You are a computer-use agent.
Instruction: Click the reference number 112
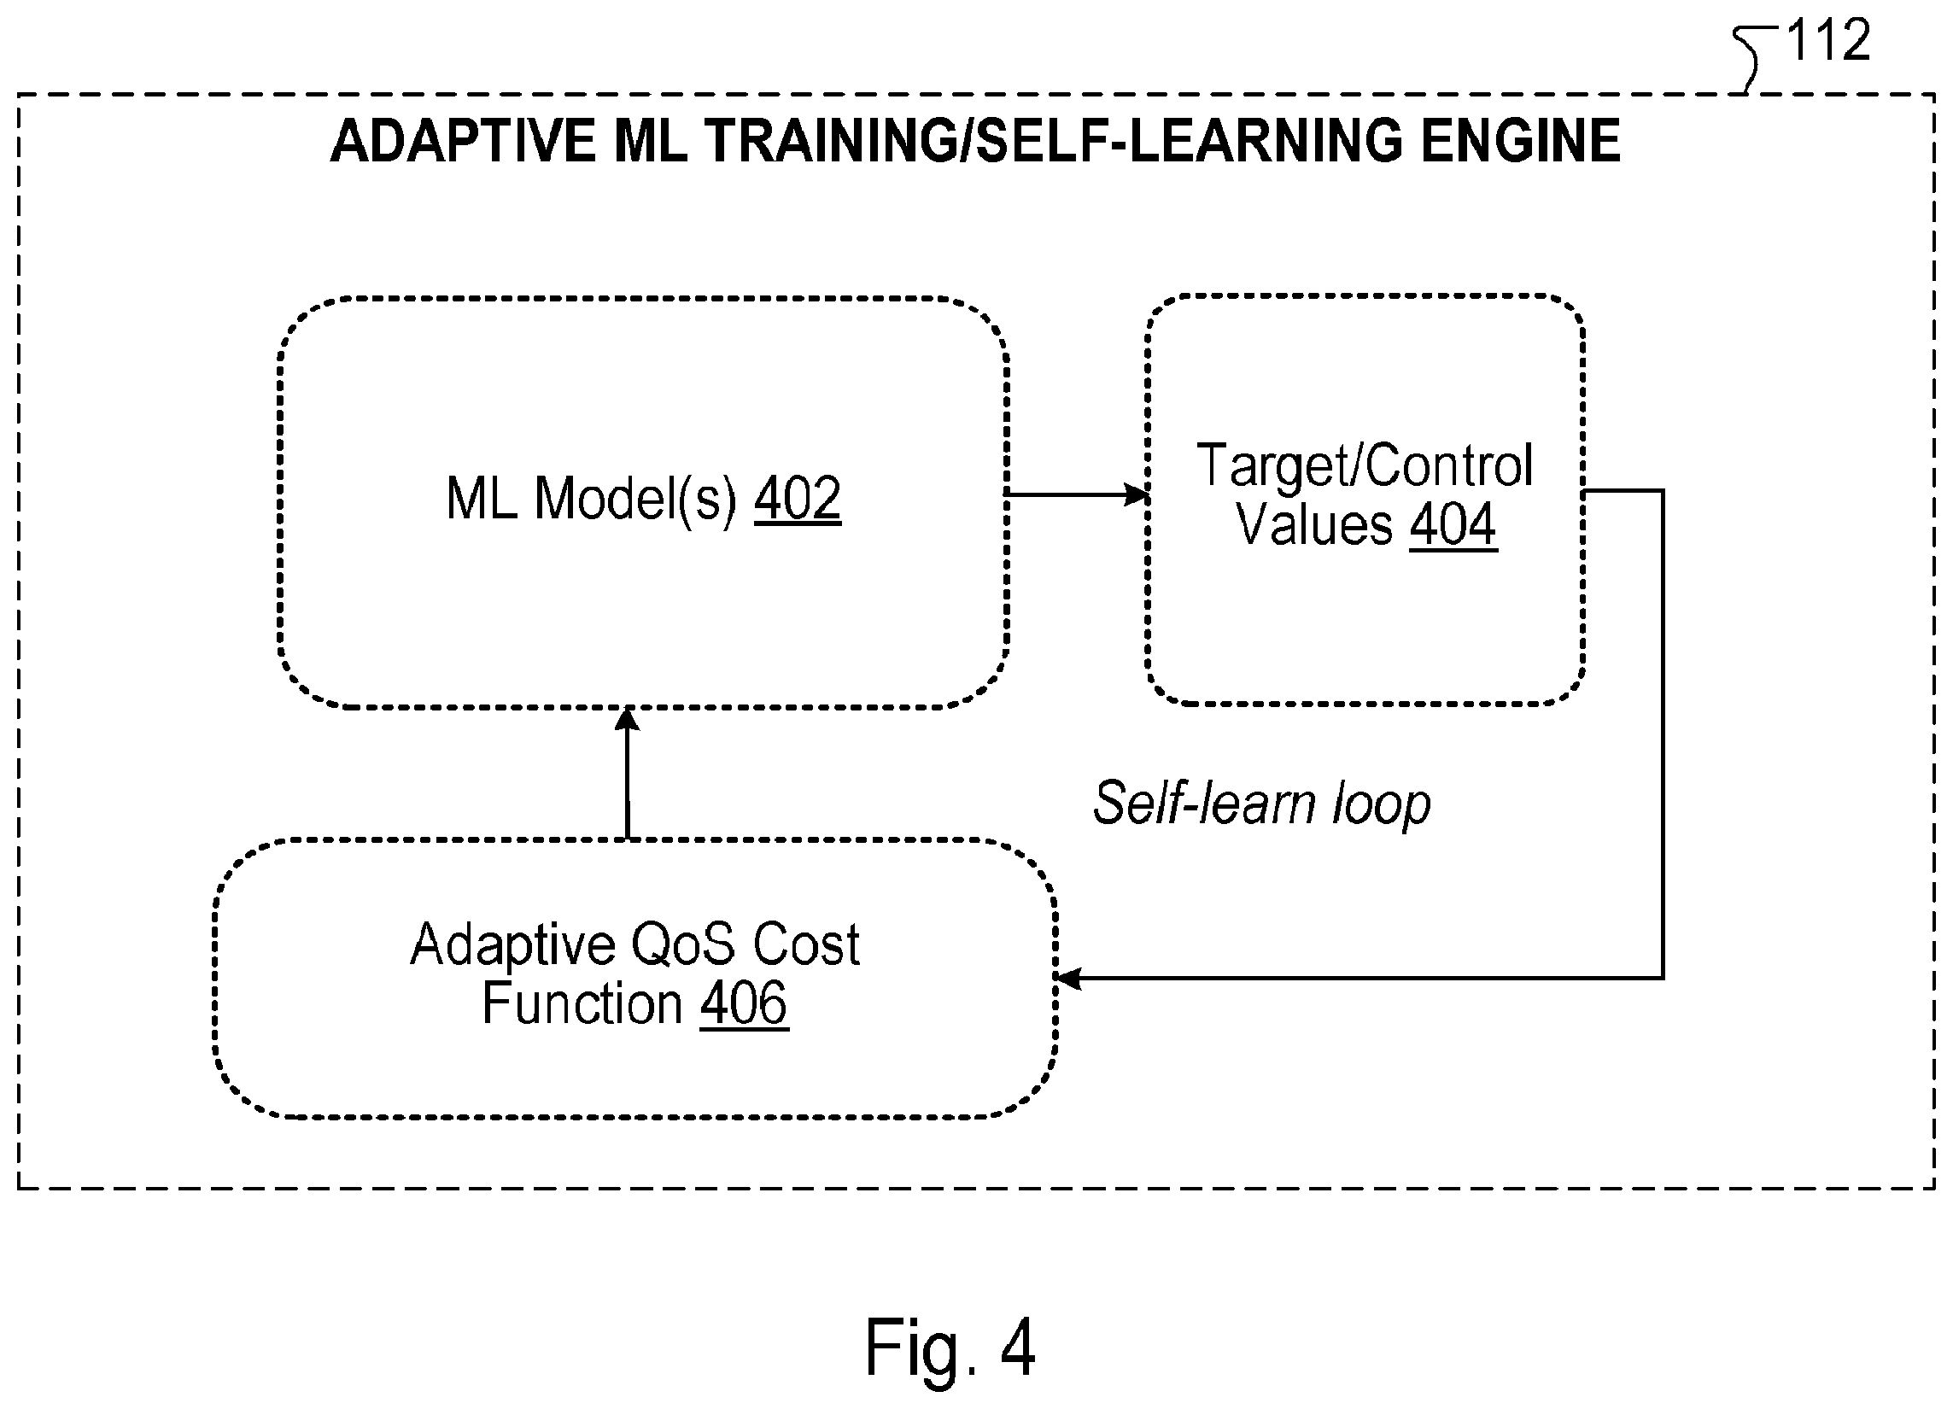pyautogui.click(x=1828, y=39)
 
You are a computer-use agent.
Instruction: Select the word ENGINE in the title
pyautogui.click(x=1521, y=140)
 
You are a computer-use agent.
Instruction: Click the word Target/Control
pyautogui.click(x=1365, y=465)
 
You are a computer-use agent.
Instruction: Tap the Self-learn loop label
pyautogui.click(x=1261, y=802)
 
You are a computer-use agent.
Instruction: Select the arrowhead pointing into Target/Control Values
pyautogui.click(x=1137, y=494)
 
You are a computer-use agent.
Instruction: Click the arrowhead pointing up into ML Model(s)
pyautogui.click(x=627, y=720)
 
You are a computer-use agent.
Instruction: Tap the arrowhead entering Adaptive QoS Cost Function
pyautogui.click(x=1068, y=979)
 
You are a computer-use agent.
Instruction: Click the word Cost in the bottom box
pyautogui.click(x=807, y=944)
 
